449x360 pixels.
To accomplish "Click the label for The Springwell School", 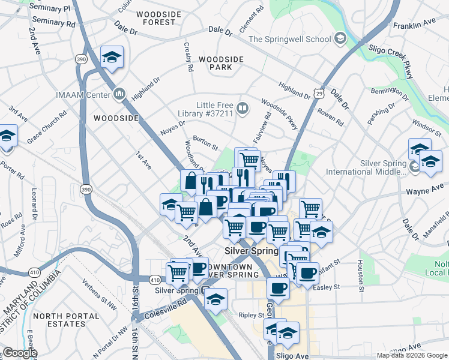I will tap(289, 39).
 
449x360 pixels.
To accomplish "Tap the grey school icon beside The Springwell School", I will tap(340, 39).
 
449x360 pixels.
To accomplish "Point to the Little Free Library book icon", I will tap(243, 109).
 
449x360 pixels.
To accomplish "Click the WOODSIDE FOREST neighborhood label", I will tap(159, 17).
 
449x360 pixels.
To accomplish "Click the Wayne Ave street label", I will tap(425, 191).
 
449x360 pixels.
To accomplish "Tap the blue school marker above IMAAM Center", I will tap(112, 57).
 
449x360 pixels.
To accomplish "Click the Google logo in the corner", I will tap(20, 353).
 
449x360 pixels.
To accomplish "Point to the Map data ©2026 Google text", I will tap(412, 355).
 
